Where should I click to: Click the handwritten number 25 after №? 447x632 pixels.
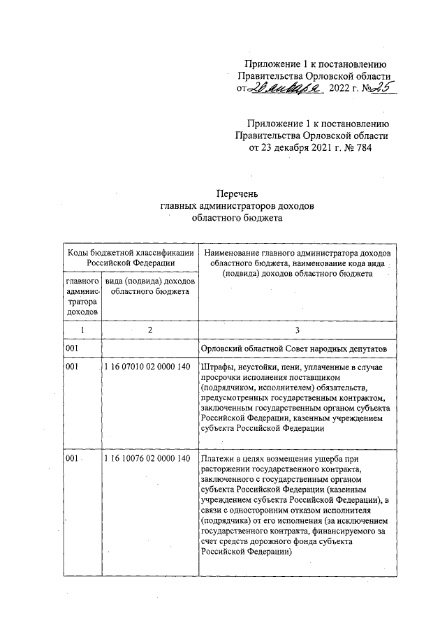pos(382,87)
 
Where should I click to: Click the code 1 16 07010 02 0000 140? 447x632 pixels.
pos(147,367)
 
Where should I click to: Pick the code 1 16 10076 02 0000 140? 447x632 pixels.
pos(147,458)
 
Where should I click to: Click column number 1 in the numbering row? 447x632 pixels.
pos(82,329)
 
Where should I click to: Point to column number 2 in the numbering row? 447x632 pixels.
pos(149,329)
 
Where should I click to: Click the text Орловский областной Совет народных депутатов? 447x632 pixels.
pos(298,348)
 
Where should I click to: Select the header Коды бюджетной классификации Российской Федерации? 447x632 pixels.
pos(131,257)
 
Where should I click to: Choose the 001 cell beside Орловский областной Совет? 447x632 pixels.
pos(71,348)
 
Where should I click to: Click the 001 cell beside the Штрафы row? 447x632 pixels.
pos(71,367)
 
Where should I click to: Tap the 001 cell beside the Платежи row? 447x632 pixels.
pos(71,458)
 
